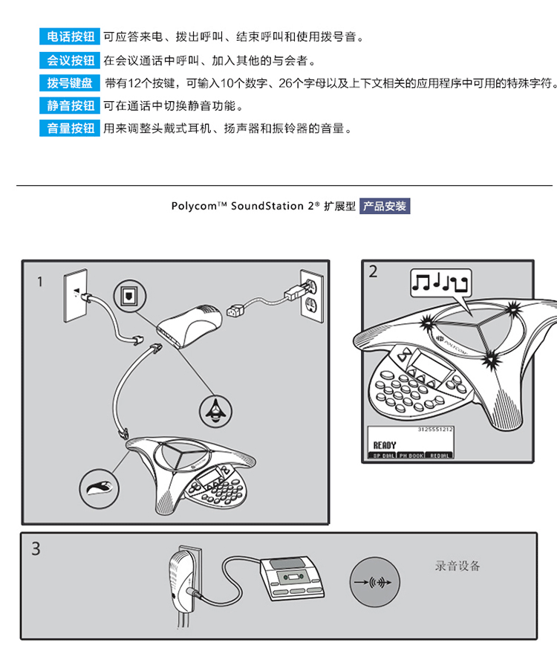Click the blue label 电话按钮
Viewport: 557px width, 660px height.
70,36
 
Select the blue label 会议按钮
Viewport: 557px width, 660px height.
70,60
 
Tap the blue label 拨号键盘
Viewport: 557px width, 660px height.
70,83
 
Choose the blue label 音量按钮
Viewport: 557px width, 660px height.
70,129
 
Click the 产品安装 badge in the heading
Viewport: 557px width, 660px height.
385,207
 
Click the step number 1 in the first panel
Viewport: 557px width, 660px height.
40,282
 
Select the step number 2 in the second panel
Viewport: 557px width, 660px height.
374,272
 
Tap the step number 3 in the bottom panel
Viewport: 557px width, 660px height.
36,550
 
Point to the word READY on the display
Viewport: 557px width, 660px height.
385,444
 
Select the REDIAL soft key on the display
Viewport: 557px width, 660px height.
439,455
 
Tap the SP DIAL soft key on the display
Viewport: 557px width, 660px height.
383,455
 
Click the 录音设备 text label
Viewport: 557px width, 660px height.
457,566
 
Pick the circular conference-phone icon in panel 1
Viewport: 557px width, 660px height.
215,407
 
